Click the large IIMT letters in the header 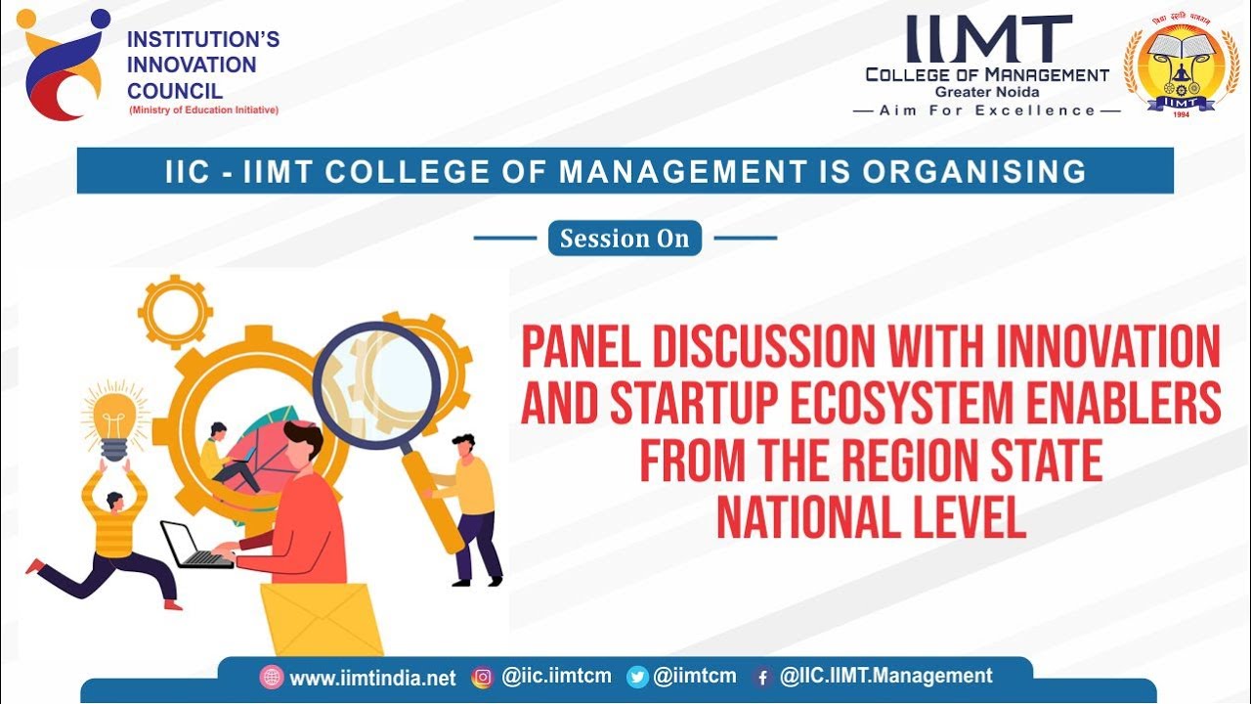988,39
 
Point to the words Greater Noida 987,92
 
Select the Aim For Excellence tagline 987,110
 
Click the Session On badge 625,239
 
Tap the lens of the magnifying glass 376,385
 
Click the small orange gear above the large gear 176,311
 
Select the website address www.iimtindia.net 372,678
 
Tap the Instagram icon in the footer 482,678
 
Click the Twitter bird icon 637,678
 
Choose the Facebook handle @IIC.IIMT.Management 885,676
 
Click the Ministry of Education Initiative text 203,110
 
